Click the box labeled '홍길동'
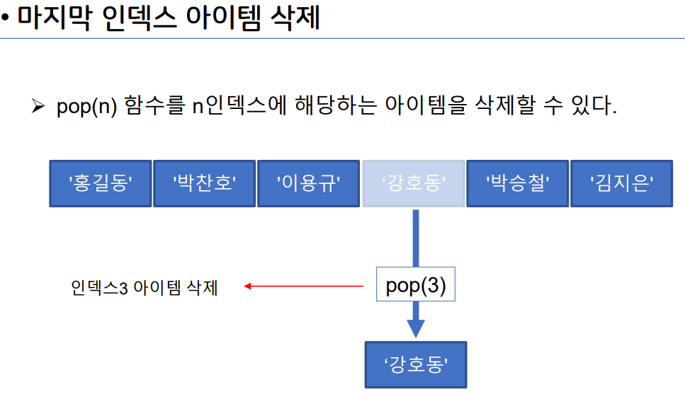[x=100, y=184]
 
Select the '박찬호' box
[x=204, y=184]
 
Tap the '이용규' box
[x=308, y=184]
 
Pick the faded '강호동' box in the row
[x=414, y=184]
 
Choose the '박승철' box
[x=518, y=184]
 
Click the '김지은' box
[x=622, y=184]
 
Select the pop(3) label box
[x=416, y=286]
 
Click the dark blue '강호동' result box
[x=416, y=365]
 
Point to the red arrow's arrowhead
[x=248, y=286]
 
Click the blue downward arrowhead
[x=416, y=328]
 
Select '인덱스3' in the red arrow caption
[x=98, y=288]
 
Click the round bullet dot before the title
[x=5, y=20]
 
